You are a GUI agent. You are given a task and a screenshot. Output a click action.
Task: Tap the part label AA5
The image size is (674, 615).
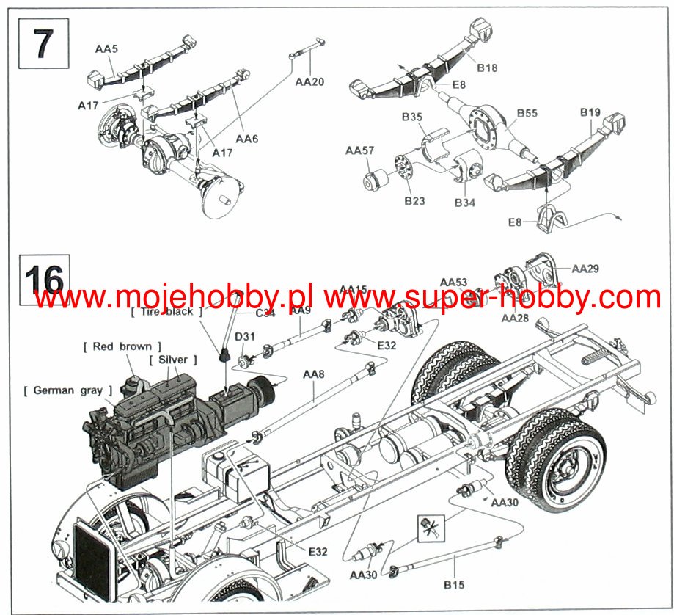pos(106,48)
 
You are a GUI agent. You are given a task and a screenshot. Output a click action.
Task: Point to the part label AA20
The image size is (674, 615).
pos(309,82)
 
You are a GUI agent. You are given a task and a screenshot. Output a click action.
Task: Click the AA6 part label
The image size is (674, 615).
pos(246,138)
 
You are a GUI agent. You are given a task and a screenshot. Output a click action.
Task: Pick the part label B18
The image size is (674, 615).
pos(486,68)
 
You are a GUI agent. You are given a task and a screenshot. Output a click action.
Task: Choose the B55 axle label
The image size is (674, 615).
pos(527,114)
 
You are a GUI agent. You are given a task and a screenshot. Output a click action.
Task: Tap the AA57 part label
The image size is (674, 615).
pos(360,150)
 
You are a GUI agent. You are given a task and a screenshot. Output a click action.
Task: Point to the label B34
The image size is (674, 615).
pos(465,201)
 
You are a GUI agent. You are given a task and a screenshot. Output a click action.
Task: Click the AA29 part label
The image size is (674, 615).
pos(585,269)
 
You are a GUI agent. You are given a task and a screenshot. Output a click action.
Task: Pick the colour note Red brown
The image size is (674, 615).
pos(122,346)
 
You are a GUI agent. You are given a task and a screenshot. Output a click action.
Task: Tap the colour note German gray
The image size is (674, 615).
pos(67,390)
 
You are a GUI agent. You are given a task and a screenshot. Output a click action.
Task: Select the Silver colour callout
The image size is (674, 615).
pos(173,360)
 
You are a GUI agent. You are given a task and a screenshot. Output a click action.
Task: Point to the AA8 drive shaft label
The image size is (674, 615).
pos(313,375)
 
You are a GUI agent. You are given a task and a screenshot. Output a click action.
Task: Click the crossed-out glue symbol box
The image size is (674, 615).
pos(427,526)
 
